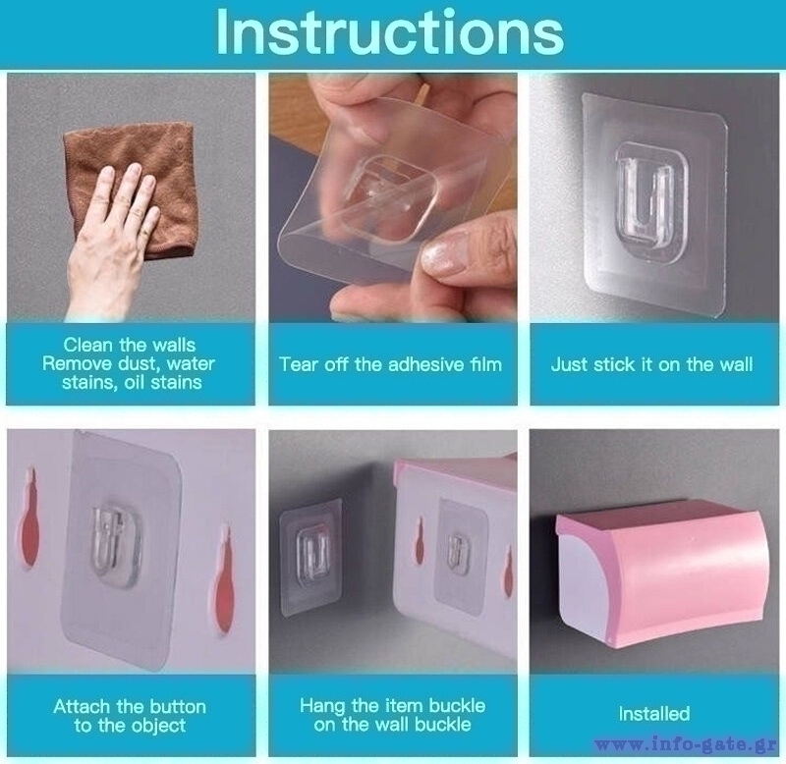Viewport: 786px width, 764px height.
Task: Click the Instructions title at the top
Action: click(x=390, y=33)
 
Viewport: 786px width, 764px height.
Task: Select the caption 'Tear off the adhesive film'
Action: click(x=390, y=364)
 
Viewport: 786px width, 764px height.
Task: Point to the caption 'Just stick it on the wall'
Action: click(x=651, y=364)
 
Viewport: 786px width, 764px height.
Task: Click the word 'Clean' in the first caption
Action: click(x=88, y=345)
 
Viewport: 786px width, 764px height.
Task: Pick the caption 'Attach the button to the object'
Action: click(x=130, y=716)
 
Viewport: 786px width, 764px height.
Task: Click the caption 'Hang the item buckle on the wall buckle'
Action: click(x=392, y=715)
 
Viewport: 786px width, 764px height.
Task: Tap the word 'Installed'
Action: click(x=654, y=713)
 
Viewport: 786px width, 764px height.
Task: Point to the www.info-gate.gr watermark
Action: click(x=687, y=745)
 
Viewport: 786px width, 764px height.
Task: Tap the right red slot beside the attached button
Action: click(x=224, y=580)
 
